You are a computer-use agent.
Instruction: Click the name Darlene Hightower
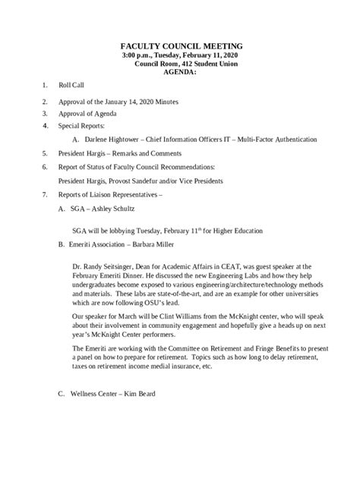click(112, 140)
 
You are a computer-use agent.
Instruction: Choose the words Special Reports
click(83, 125)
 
